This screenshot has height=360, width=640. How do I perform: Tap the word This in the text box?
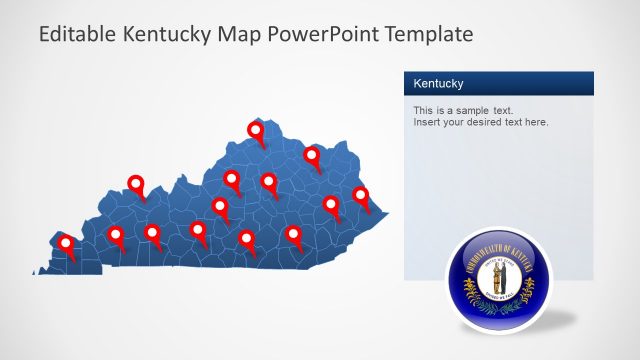point(424,109)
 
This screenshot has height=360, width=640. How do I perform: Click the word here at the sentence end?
point(537,122)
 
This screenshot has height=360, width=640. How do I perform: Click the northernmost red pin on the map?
point(256,130)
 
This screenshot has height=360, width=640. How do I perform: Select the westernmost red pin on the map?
point(66,243)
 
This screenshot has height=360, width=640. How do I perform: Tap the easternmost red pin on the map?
point(360,195)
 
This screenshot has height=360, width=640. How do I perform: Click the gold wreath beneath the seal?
point(496,299)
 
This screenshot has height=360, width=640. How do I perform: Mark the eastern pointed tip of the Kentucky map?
point(388,212)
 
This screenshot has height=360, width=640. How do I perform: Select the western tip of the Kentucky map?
point(36,270)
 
